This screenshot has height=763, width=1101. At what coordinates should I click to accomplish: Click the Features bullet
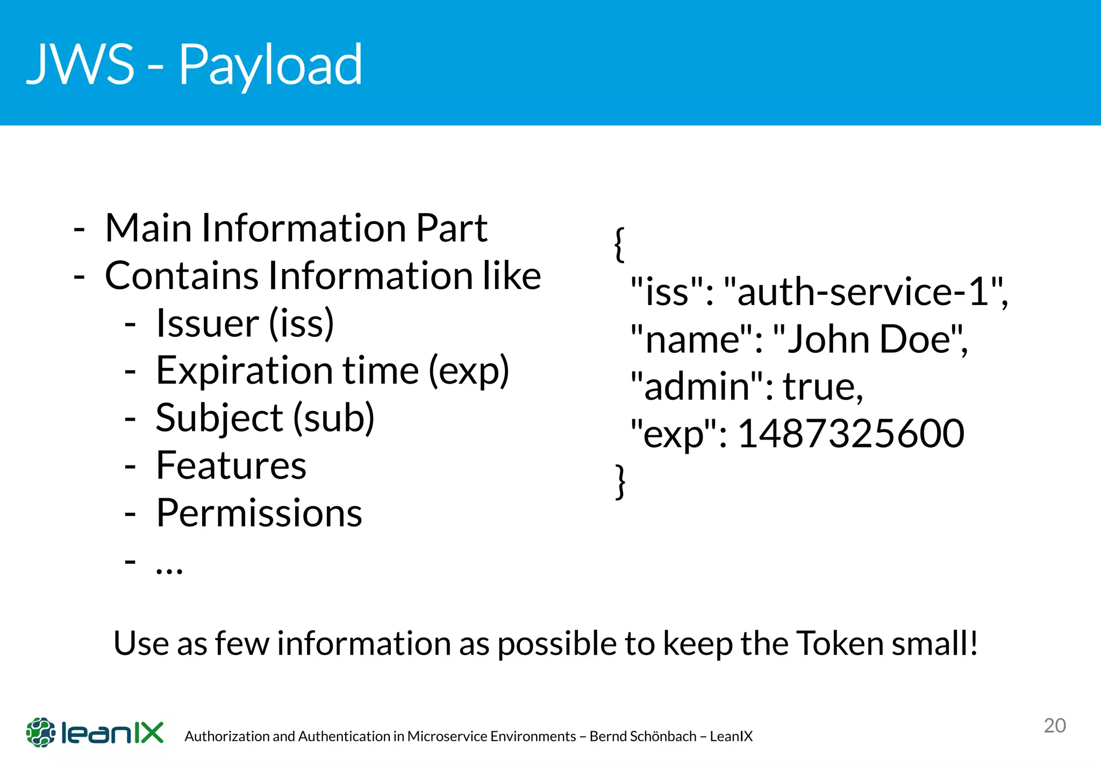231,465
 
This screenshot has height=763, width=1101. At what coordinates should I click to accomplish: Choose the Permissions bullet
259,513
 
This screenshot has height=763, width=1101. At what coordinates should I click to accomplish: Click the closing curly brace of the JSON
620,481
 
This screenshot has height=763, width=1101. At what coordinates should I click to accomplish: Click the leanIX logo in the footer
95,732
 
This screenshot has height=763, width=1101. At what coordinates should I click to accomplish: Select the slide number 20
1055,726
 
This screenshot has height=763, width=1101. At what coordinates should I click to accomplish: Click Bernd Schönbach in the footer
643,736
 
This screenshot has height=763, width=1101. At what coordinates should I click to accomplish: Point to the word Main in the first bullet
148,228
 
